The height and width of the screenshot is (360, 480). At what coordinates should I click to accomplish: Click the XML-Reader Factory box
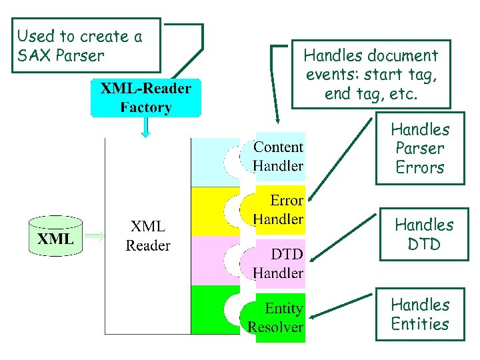(145, 98)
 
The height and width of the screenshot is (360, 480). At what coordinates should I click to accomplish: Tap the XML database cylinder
(55, 235)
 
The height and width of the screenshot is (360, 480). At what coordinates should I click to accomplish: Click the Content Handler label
(279, 156)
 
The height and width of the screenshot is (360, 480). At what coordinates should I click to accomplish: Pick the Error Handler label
(279, 209)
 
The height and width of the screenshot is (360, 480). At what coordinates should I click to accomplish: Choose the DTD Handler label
(279, 263)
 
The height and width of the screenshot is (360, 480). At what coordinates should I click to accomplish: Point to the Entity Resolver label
(276, 317)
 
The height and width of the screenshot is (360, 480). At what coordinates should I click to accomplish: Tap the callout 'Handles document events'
(371, 74)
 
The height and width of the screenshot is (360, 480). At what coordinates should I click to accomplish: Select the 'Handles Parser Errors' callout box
(420, 148)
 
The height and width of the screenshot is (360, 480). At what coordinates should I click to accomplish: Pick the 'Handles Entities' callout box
(420, 314)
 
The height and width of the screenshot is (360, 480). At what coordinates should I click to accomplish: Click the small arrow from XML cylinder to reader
(96, 235)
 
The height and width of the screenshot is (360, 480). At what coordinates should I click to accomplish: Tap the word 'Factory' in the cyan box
(146, 107)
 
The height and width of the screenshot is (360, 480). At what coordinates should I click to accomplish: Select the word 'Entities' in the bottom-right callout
(420, 324)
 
